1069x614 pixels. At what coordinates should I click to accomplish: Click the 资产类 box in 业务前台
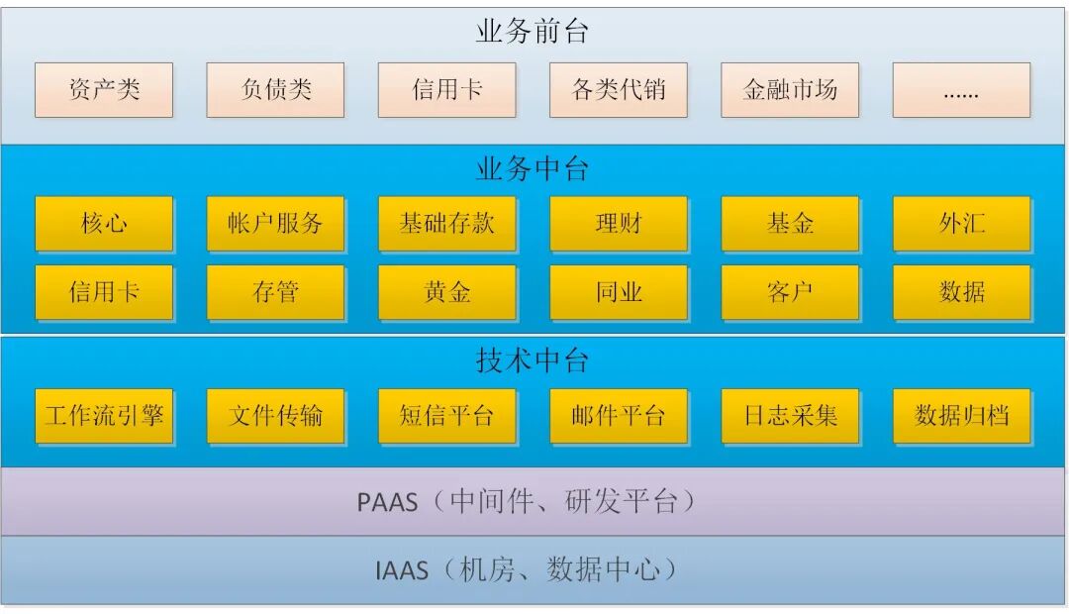point(104,90)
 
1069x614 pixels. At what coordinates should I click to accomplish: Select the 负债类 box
point(275,90)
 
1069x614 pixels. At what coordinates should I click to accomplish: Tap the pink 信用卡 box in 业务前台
point(447,90)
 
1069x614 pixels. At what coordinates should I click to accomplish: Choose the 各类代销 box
point(619,90)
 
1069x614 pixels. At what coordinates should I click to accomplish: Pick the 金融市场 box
point(790,90)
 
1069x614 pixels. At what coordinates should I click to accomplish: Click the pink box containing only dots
point(961,90)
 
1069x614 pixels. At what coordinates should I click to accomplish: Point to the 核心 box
point(104,223)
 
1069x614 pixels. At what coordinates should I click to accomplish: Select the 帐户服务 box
point(275,223)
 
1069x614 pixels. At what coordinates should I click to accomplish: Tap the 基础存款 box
point(447,223)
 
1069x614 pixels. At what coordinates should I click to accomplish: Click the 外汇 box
point(961,223)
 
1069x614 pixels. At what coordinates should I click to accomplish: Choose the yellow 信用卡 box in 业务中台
point(104,292)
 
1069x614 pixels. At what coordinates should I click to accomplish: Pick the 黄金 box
point(447,292)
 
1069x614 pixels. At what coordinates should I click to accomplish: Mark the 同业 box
point(619,292)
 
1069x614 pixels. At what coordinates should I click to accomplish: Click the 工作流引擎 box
point(104,415)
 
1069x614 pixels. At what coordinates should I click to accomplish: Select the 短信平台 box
point(447,415)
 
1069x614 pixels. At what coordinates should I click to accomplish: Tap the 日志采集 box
point(790,415)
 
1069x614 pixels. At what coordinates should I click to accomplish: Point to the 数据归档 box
point(961,415)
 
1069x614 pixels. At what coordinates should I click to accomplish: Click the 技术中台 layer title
point(533,360)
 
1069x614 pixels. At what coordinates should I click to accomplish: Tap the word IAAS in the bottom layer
point(402,570)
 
